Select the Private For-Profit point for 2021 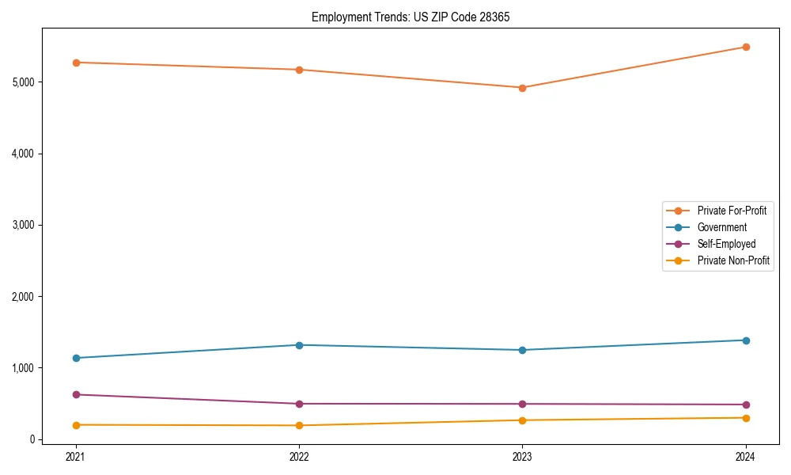coord(76,63)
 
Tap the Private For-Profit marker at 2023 coord(522,88)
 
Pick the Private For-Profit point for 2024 coord(746,47)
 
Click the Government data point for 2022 coord(299,345)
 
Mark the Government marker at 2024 coord(746,340)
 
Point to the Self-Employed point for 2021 coord(76,394)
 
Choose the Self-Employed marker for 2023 coord(522,404)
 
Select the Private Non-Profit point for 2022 coord(299,426)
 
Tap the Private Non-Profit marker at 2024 coord(746,418)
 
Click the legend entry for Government coord(721,227)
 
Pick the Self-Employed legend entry coord(726,244)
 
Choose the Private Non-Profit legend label coord(733,260)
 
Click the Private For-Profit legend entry coord(732,211)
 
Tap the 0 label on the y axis coord(33,439)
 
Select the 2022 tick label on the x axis coord(299,456)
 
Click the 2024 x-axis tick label coord(746,456)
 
